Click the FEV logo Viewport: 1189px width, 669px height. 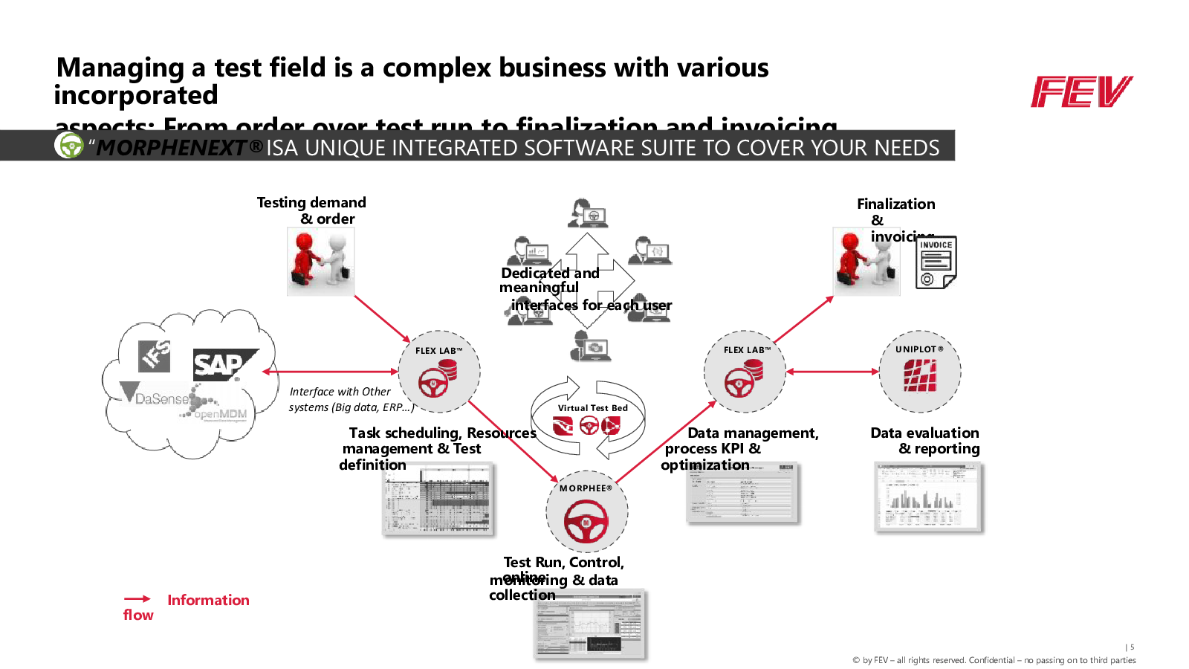(x=1081, y=91)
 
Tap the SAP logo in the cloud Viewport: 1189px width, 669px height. (x=223, y=364)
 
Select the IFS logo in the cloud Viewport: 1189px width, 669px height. (x=155, y=355)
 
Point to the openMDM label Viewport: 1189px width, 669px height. (x=220, y=414)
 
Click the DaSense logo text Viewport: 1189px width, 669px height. (x=161, y=398)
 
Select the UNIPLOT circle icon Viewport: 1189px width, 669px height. (x=920, y=372)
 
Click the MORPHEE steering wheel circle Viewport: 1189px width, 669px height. (x=586, y=512)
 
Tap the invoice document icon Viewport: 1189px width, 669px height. (x=936, y=262)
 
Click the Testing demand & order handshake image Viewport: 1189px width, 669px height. (x=320, y=261)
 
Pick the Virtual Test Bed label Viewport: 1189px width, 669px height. (x=592, y=408)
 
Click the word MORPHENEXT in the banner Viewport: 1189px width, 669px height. (x=171, y=148)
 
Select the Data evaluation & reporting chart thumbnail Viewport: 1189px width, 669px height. (x=928, y=497)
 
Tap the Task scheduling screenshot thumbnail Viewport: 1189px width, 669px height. (x=438, y=500)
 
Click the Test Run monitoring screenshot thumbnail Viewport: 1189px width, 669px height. (x=591, y=624)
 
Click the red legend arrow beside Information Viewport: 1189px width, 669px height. (x=137, y=599)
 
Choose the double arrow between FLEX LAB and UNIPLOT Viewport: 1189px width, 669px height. (x=832, y=372)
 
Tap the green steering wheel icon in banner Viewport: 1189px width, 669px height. (x=70, y=146)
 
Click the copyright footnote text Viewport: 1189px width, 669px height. (x=994, y=660)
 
